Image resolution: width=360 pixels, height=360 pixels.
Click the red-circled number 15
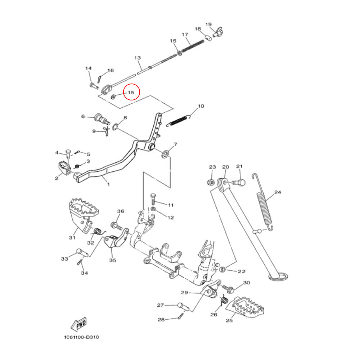131,93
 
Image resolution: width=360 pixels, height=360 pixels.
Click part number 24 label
277,192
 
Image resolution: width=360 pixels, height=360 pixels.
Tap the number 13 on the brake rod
137,58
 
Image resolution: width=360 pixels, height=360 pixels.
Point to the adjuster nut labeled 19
217,33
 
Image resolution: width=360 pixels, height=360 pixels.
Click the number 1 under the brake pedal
108,184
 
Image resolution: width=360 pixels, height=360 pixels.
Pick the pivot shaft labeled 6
99,118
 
